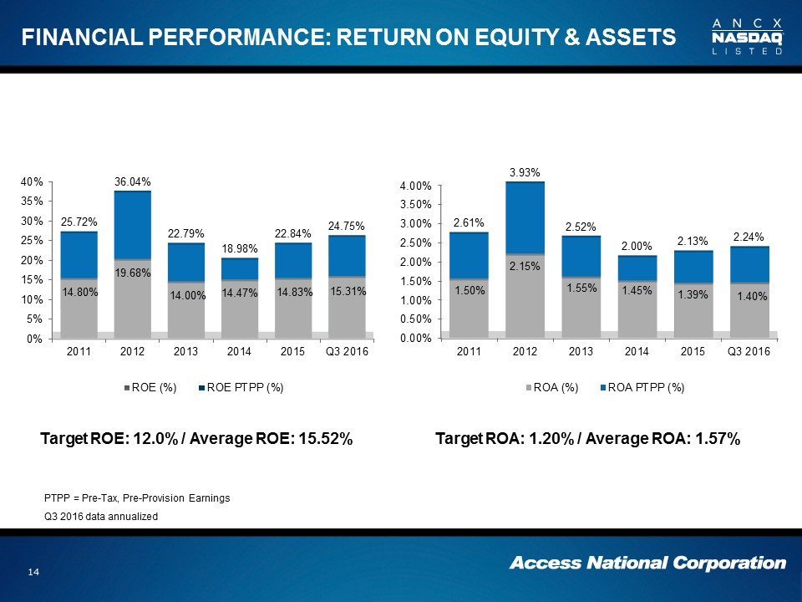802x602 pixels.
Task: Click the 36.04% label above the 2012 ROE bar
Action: [x=132, y=181]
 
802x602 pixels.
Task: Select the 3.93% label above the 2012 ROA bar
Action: [x=525, y=172]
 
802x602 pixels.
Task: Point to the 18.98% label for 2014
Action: [x=240, y=249]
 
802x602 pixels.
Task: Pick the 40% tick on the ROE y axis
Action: [x=32, y=181]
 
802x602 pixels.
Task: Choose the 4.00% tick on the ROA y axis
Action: [x=415, y=186]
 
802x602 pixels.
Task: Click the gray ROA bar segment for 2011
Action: [x=470, y=308]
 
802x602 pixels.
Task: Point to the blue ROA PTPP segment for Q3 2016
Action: [x=749, y=264]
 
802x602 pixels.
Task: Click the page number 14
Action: [x=34, y=571]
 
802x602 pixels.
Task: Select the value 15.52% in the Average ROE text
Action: [x=318, y=440]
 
